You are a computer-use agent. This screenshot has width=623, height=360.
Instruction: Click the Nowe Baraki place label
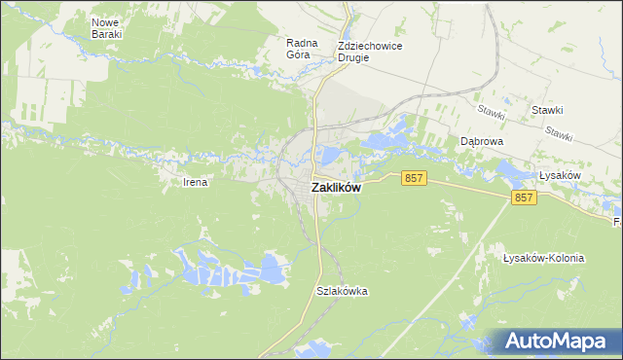click(106, 27)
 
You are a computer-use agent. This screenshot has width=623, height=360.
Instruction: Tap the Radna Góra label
click(298, 49)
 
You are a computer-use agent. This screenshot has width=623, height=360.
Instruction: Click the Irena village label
click(196, 182)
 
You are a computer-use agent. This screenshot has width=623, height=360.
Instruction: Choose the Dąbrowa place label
click(481, 141)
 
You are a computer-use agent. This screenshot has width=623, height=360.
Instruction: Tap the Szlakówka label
click(342, 291)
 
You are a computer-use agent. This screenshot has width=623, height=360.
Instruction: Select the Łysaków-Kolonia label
click(544, 258)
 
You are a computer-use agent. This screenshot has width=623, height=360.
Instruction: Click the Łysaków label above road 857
click(560, 175)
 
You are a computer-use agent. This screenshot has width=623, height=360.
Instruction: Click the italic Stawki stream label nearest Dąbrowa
click(492, 113)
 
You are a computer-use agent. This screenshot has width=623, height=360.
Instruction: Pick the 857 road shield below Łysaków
click(525, 198)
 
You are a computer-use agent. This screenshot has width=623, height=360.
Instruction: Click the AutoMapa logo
click(552, 341)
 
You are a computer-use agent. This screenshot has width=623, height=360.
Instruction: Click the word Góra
click(298, 54)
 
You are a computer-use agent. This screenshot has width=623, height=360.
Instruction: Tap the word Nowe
click(106, 21)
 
